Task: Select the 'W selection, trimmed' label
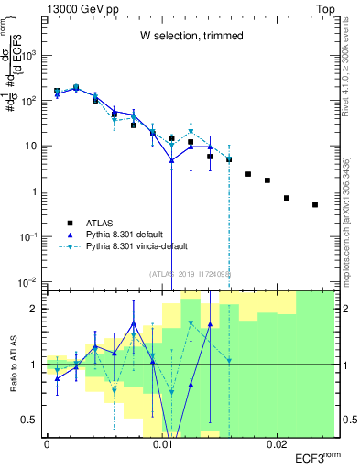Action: click(191, 36)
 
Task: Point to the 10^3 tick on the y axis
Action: click(30, 55)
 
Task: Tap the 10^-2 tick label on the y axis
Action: click(30, 281)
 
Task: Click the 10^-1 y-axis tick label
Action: click(30, 236)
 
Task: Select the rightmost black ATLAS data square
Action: click(315, 205)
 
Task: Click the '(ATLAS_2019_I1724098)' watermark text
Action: click(191, 275)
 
